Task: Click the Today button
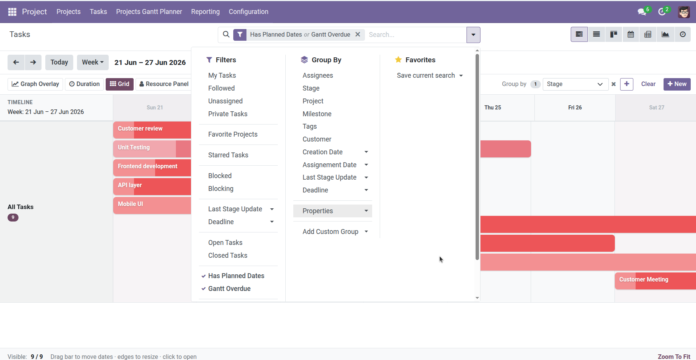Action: click(x=59, y=62)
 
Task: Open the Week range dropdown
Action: click(x=93, y=62)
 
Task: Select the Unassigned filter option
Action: click(x=225, y=101)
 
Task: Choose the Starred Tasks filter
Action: click(x=228, y=155)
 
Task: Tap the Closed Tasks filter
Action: click(x=228, y=255)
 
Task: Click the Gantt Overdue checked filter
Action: click(x=229, y=289)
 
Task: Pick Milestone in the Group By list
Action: click(x=317, y=114)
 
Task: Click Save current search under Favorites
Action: click(x=430, y=75)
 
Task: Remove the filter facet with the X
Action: click(x=358, y=34)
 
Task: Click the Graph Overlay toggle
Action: click(x=35, y=84)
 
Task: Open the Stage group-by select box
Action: click(x=575, y=84)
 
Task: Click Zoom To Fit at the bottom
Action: click(x=674, y=357)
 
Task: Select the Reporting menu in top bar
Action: click(x=205, y=12)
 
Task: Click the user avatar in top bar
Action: click(x=684, y=12)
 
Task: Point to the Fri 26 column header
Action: click(x=575, y=108)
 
